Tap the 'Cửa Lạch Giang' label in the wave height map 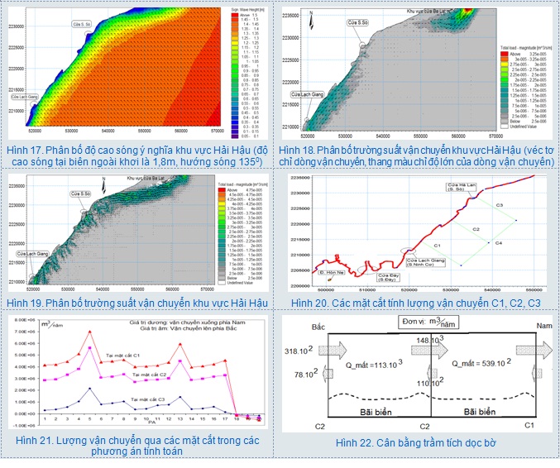click(x=26, y=97)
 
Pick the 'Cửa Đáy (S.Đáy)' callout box click(x=390, y=277)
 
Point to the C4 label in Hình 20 click(x=499, y=243)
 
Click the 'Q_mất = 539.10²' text click(x=480, y=361)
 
